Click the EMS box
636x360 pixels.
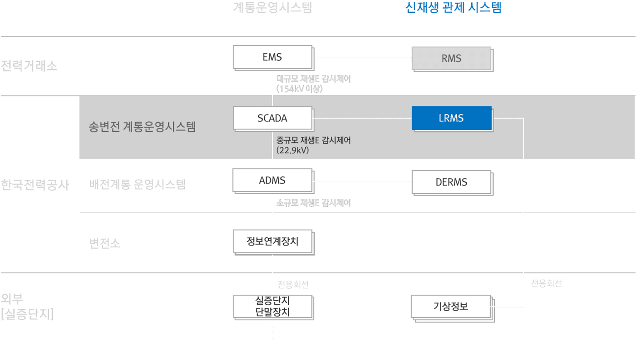point(272,57)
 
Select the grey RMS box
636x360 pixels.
point(451,58)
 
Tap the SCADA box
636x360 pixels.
point(272,118)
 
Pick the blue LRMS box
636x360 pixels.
point(451,118)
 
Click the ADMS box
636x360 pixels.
point(272,181)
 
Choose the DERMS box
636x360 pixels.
point(451,182)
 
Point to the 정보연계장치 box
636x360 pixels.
point(272,241)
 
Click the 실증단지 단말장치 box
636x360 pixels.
point(272,307)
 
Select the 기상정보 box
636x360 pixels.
point(451,306)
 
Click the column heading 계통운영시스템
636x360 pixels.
point(272,8)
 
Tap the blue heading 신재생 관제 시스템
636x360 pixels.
point(453,8)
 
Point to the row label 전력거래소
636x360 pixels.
point(29,66)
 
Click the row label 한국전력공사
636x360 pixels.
point(35,185)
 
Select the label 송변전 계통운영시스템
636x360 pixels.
point(142,126)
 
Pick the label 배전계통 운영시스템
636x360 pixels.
point(137,185)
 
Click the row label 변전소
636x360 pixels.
point(105,243)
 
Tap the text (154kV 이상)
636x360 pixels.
point(299,89)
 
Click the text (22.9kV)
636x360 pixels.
point(292,150)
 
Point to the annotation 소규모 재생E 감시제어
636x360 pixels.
point(313,203)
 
